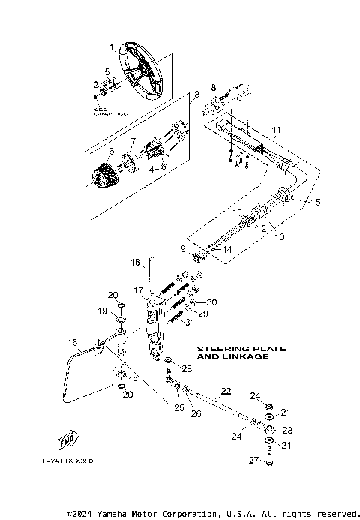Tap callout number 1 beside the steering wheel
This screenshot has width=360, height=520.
tap(112, 47)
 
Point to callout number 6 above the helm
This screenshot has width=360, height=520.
tap(111, 151)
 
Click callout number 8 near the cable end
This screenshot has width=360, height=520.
tap(213, 88)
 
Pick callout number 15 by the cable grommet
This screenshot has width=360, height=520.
tap(315, 203)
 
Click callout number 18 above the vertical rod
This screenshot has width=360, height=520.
tap(136, 263)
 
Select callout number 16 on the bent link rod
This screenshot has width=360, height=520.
tap(73, 343)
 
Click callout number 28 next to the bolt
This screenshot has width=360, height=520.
tap(187, 369)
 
